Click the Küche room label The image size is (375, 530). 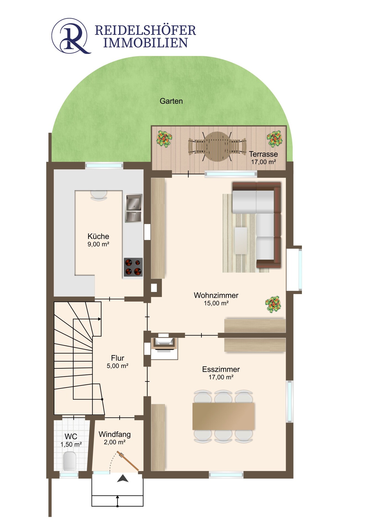(98, 236)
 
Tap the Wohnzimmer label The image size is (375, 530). (216, 295)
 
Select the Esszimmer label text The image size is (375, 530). (221, 369)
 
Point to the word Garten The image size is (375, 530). (171, 101)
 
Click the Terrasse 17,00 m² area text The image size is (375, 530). (263, 162)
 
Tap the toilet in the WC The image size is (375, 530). (69, 461)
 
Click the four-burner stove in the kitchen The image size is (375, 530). (133, 267)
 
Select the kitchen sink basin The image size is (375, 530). (134, 202)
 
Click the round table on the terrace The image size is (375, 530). (217, 147)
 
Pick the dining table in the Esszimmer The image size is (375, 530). (223, 416)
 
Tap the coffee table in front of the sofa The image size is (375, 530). (241, 240)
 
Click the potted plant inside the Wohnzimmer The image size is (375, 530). (273, 304)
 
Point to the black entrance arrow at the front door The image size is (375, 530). (123, 479)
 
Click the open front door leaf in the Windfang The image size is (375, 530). (128, 461)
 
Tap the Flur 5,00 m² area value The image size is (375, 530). (117, 366)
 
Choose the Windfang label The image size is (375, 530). (114, 434)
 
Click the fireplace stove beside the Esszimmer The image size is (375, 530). (164, 344)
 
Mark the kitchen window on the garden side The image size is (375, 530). (104, 166)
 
